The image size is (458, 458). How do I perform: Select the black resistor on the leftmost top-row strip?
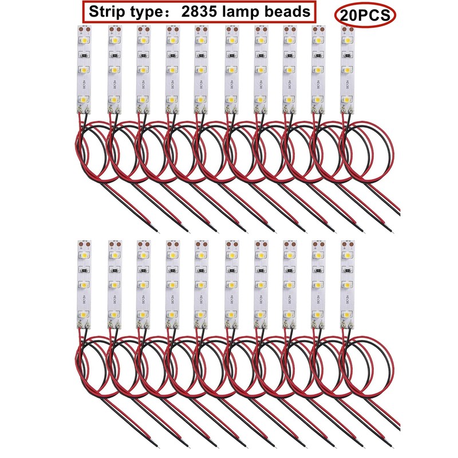[x=84, y=56]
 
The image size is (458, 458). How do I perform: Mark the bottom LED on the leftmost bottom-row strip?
[x=84, y=314]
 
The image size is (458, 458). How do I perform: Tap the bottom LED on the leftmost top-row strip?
[x=84, y=100]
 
